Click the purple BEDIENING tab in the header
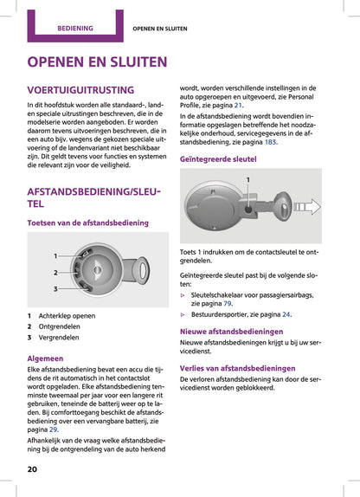pos(75,28)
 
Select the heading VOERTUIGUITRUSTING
pos(80,90)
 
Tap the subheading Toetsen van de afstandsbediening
pos(87,223)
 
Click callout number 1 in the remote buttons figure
pos(55,256)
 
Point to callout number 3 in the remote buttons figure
pos(55,288)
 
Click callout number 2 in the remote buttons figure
pos(55,273)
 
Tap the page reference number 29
pos(54,429)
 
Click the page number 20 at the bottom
pos(33,468)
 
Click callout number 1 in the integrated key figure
pos(247,178)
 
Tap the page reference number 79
pos(228,304)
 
